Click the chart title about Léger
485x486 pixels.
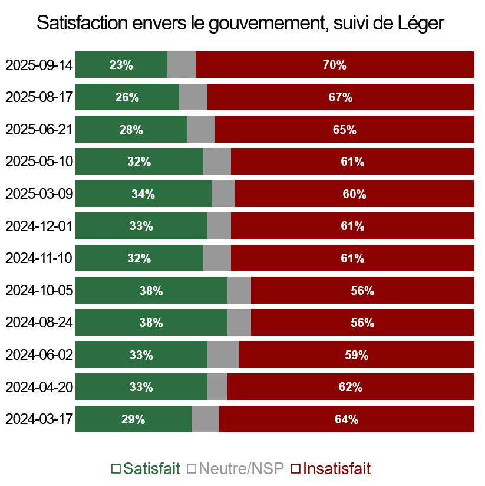(240, 23)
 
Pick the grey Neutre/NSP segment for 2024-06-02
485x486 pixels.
(223, 355)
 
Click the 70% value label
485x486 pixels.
(334, 65)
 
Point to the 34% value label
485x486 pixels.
(143, 194)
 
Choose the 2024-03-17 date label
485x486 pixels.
(39, 419)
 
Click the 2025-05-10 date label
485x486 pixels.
(39, 162)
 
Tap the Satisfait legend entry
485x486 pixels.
(146, 469)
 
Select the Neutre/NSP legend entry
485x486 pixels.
(235, 469)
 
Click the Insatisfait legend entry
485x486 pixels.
(331, 469)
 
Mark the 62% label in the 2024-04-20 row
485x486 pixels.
(351, 388)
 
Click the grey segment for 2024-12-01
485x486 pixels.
(219, 226)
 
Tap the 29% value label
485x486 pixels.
(133, 420)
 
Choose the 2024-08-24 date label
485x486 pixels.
(39, 323)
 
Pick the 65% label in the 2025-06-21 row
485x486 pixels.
(345, 130)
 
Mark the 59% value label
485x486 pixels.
(357, 355)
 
